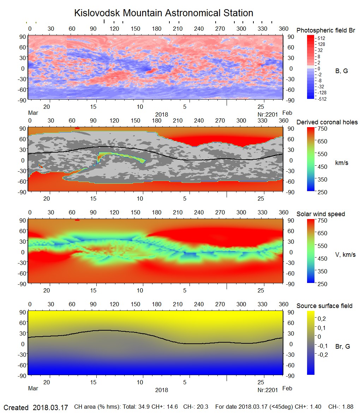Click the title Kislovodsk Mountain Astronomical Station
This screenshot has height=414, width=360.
(x=163, y=13)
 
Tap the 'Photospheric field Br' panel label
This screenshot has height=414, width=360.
(x=325, y=30)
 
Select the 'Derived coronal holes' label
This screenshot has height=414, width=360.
(x=327, y=122)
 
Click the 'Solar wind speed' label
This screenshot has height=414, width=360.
(x=320, y=214)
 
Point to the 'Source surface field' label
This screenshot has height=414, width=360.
(x=324, y=306)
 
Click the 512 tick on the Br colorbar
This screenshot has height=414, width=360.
(x=321, y=38)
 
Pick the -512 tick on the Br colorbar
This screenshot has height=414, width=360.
(x=322, y=99)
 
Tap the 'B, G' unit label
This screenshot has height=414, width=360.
(x=341, y=71)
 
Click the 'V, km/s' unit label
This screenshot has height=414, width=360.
(x=345, y=255)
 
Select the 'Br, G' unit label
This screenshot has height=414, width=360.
(x=342, y=347)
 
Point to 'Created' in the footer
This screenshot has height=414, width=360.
(x=16, y=408)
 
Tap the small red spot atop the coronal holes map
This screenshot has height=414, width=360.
(x=77, y=128)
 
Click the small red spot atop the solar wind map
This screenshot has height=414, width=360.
(x=77, y=220)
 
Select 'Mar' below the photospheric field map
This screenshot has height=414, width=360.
(x=33, y=113)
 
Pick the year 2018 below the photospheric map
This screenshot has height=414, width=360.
(x=162, y=114)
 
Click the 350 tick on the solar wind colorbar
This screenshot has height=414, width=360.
(x=323, y=271)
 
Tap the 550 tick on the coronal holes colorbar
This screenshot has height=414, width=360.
(x=323, y=154)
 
